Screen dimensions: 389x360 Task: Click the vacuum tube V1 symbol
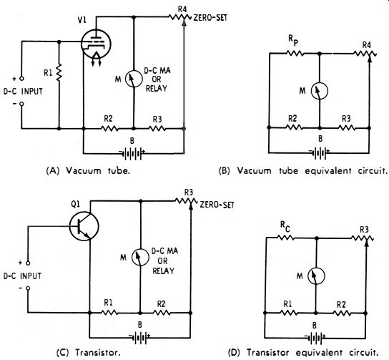[96, 44]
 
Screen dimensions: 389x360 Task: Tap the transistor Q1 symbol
[84, 226]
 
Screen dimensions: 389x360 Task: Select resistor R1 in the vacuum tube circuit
[59, 72]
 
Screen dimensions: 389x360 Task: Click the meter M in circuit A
[134, 79]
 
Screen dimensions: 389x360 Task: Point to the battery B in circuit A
[132, 154]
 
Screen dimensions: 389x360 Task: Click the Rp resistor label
[293, 40]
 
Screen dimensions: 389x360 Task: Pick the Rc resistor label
[285, 226]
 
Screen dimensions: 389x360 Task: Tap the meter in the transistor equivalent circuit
[316, 276]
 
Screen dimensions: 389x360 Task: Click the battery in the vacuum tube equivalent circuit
[320, 153]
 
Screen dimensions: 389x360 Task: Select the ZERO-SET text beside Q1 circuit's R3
[217, 205]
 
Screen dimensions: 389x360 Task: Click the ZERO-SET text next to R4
[210, 18]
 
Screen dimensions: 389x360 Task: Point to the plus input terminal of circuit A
[21, 79]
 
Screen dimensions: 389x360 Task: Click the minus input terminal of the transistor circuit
[28, 288]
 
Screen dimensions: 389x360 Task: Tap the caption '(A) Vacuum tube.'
[88, 171]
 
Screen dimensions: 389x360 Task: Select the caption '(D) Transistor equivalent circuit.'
[303, 353]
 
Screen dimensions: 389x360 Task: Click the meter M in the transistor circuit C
[140, 257]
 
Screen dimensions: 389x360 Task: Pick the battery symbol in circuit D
[315, 339]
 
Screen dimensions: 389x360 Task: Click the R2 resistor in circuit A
[109, 128]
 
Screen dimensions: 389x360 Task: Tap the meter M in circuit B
[320, 91]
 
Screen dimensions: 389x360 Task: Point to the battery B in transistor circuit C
[139, 338]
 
